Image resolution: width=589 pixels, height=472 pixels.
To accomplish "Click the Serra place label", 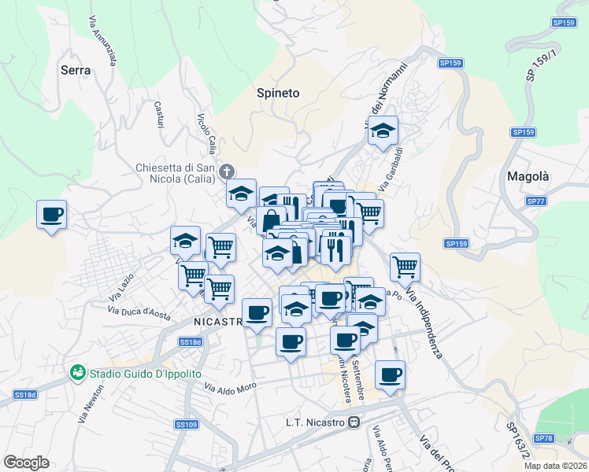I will [x=76, y=70].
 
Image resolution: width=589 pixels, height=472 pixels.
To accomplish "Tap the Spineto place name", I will [x=278, y=93].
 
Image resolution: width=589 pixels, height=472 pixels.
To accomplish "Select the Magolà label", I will [x=528, y=176].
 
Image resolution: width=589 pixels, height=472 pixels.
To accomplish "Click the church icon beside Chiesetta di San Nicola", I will [x=227, y=171].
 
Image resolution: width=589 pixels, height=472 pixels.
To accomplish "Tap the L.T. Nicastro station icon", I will [x=354, y=423].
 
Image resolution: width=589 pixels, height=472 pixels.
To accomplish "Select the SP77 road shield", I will [x=536, y=201].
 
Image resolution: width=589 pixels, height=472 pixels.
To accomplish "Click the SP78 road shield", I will [x=544, y=437].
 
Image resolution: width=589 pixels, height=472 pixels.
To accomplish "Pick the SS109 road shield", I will [x=186, y=425].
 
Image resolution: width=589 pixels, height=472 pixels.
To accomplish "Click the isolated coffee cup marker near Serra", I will [x=52, y=215].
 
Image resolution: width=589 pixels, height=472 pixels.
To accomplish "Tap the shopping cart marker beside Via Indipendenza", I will [x=405, y=267].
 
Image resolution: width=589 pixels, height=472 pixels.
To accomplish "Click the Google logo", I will [x=26, y=463].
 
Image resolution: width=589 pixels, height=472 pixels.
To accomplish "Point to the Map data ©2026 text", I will [x=555, y=466].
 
